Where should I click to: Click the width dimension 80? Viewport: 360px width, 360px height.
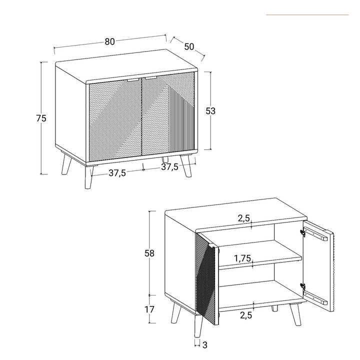[x=109, y=41]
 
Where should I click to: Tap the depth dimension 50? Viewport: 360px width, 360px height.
[x=188, y=46]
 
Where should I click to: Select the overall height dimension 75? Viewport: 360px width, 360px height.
[x=41, y=118]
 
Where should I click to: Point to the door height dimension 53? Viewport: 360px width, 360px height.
[x=210, y=111]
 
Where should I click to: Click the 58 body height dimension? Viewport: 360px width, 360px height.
[x=149, y=253]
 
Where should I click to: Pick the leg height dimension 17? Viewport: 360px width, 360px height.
[x=149, y=309]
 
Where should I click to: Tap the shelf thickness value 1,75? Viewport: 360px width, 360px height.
[x=243, y=258]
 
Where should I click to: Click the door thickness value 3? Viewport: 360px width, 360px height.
[x=204, y=344]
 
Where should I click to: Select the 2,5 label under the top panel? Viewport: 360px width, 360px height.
[x=243, y=218]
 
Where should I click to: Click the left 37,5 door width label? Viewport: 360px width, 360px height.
[x=116, y=173]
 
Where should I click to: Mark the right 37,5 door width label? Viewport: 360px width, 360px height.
[x=169, y=167]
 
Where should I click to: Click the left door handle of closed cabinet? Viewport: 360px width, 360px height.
[x=133, y=79]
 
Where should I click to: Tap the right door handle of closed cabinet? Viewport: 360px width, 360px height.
[x=151, y=78]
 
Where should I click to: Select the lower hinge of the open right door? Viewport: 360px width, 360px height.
[x=303, y=286]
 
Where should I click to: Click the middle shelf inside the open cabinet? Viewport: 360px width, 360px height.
[x=260, y=259]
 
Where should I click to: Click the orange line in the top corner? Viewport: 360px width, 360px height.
[x=307, y=15]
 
